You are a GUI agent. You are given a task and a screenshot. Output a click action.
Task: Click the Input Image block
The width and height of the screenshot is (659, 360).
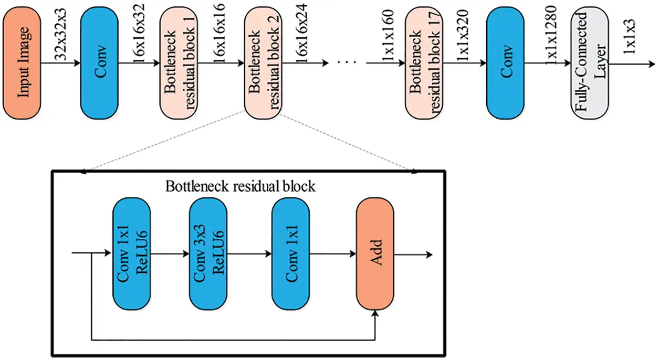pos(23,63)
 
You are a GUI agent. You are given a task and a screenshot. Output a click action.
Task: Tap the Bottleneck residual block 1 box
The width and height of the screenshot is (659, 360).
pos(179,63)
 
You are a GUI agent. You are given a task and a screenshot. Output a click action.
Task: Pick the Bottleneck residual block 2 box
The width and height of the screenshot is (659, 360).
pos(263,63)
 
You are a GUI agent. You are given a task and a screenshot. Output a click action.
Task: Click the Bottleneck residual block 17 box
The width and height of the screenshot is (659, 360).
pos(424,63)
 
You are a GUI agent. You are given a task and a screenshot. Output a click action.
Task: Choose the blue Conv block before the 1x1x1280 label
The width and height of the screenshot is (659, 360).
pos(506,63)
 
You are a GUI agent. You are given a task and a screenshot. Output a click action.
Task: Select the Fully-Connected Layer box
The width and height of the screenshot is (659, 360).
pos(590,63)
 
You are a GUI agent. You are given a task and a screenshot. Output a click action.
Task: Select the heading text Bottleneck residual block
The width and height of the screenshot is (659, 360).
pos(240,186)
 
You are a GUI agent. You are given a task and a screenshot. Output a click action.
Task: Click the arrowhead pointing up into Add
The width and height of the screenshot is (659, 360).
pos(375,313)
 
